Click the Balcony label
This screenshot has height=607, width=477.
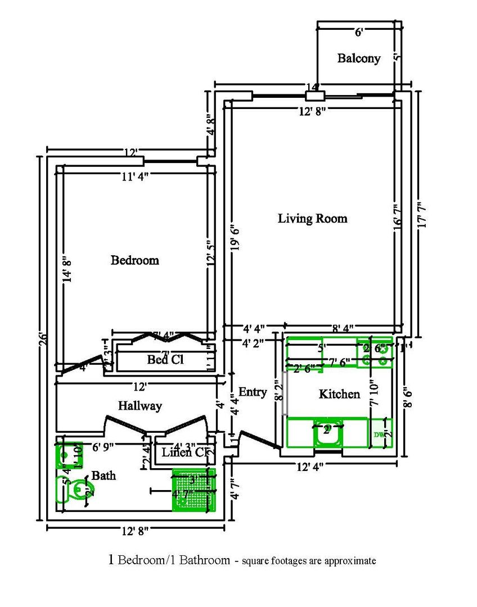coord(358,58)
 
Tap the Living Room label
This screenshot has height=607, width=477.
coord(312,219)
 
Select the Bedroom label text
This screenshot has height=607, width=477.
coord(134,260)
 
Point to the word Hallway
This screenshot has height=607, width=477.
coord(139,406)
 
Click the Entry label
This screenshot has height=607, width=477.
coord(253,392)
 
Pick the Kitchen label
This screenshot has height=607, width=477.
coord(339,394)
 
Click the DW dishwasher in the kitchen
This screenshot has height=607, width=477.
coord(380,435)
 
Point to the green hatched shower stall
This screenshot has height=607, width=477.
coord(193,490)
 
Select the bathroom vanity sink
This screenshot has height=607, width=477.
coord(66,455)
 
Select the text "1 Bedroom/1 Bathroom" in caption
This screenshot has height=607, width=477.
coord(169,560)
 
